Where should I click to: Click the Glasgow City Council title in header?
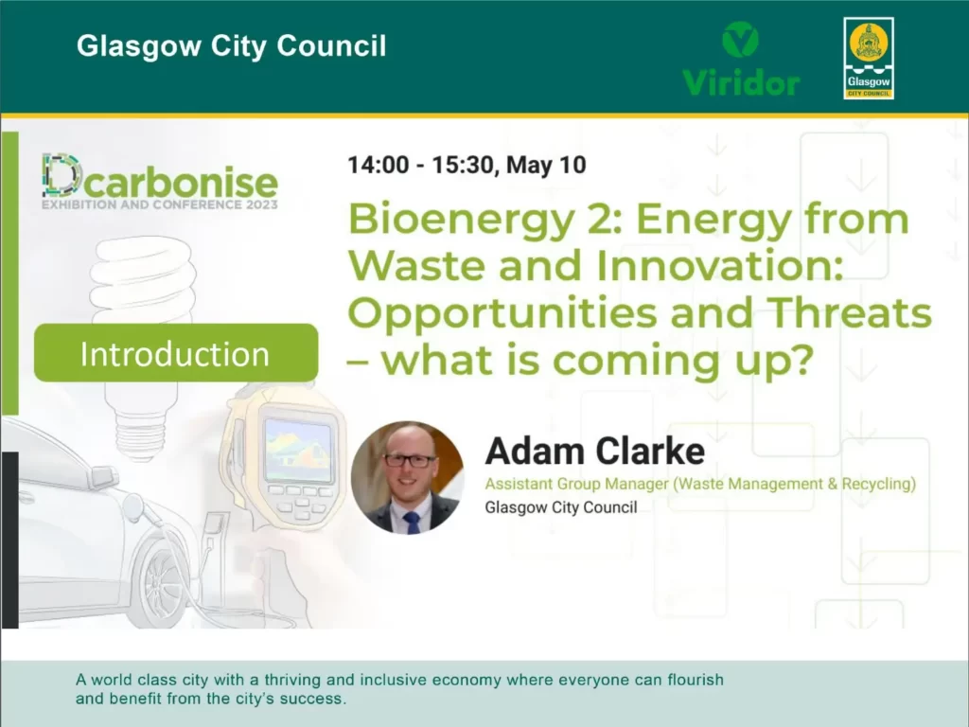click(231, 46)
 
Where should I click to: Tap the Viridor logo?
click(741, 60)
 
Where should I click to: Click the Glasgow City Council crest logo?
click(868, 59)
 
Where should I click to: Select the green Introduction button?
click(175, 353)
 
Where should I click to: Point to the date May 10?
click(546, 165)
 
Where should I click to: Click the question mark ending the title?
click(801, 360)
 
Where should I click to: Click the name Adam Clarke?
click(594, 452)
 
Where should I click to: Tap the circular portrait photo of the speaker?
click(407, 477)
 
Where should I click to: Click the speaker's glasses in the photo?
click(410, 461)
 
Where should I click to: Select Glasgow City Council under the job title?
click(560, 507)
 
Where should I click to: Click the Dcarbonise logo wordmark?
click(160, 179)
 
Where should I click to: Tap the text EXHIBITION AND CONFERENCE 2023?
click(159, 204)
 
